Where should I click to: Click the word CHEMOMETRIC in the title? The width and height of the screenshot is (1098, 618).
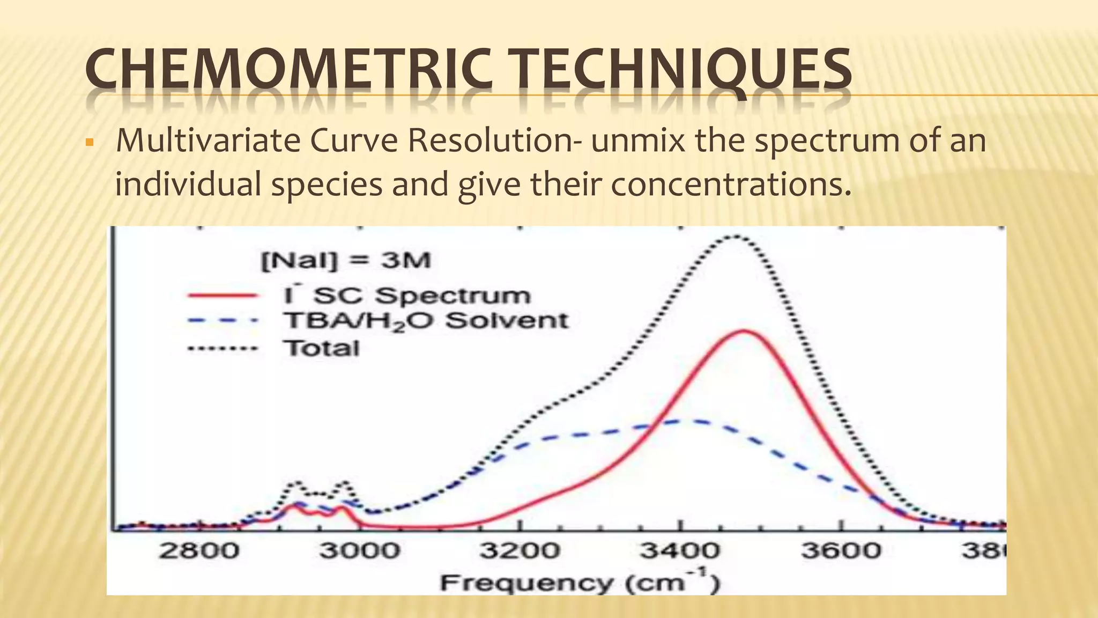tap(288, 70)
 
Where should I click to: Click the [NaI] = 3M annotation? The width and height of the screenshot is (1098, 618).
tap(346, 261)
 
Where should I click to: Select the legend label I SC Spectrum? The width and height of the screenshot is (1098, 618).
tap(406, 296)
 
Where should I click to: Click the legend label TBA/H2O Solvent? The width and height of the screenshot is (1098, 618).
tap(425, 321)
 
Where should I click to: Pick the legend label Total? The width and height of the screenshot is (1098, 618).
tap(321, 348)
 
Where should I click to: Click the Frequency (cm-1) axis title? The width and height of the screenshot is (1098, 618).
tap(579, 583)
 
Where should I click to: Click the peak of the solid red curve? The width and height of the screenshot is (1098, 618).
tap(744, 330)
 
